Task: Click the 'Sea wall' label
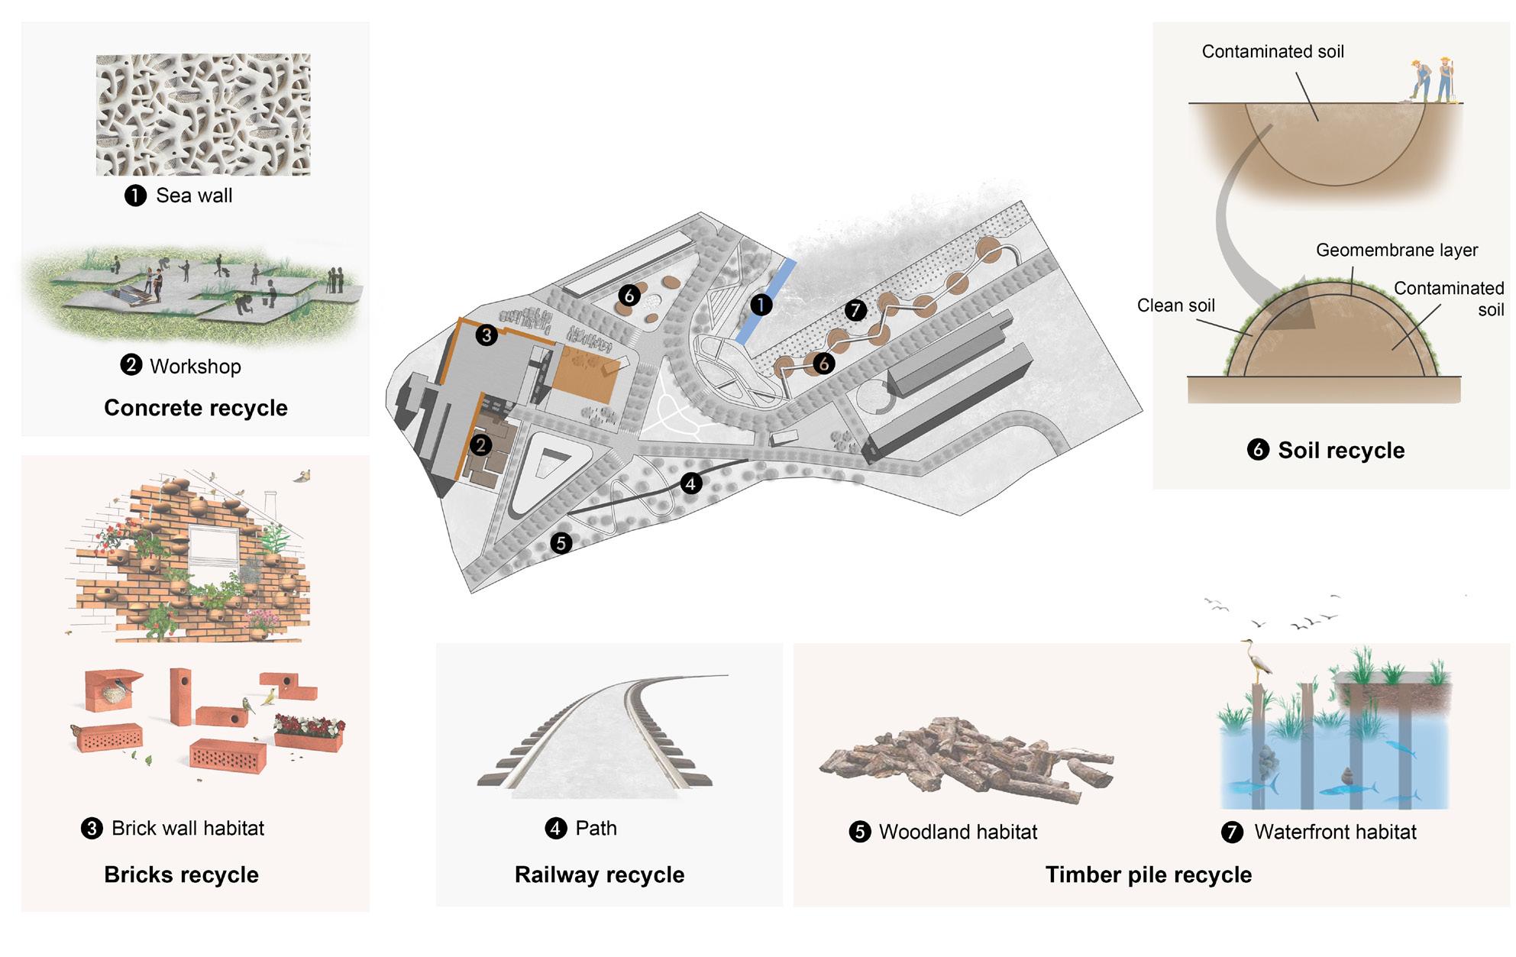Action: pos(194,196)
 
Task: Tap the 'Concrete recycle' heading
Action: pos(196,408)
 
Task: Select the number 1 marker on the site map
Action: pos(761,306)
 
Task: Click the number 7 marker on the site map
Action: pos(855,310)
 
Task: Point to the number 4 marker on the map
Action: pos(690,483)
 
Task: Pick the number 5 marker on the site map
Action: pos(561,543)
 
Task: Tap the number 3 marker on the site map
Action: pos(486,335)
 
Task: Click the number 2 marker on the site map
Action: pos(480,445)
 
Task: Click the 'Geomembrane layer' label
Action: pos(1396,251)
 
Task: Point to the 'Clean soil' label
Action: pos(1175,306)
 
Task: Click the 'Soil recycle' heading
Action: pos(1341,451)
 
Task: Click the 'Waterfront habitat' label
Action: pos(1334,832)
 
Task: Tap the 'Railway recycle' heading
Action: pos(600,875)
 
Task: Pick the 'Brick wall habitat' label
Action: pos(187,828)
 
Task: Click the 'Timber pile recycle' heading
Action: pos(1148,875)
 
